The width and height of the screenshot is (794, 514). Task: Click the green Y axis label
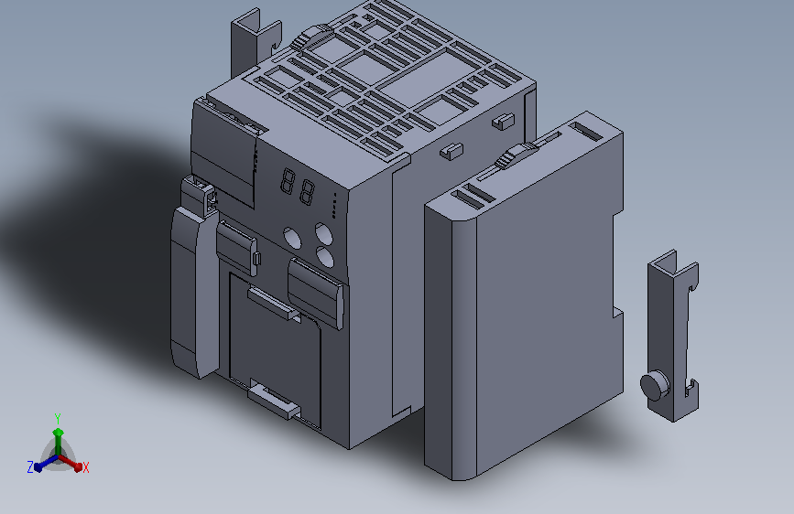[x=58, y=418]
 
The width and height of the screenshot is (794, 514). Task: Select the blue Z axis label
[x=30, y=467]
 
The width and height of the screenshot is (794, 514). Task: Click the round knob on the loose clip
[x=655, y=386]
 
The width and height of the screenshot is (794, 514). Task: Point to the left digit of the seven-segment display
[x=288, y=181]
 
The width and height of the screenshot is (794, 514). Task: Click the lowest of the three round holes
[x=325, y=257]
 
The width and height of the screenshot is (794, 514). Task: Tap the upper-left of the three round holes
[x=292, y=238]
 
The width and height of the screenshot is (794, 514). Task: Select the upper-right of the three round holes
[x=324, y=234]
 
